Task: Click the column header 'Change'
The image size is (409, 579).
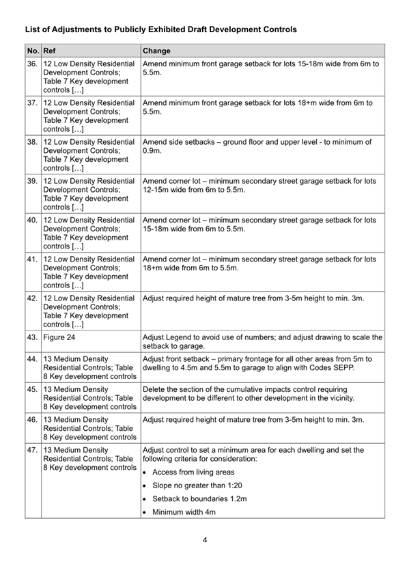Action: click(x=156, y=51)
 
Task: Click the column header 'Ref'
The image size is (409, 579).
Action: click(x=49, y=51)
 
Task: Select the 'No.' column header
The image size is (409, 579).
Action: click(x=32, y=51)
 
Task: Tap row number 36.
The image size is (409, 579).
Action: click(x=32, y=63)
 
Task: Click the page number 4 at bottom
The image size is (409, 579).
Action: click(x=204, y=540)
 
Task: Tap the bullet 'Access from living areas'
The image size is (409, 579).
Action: click(x=193, y=472)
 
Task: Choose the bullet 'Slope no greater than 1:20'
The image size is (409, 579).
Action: click(x=197, y=485)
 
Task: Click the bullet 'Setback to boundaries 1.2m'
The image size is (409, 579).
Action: click(x=199, y=499)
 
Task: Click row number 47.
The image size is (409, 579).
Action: click(x=32, y=451)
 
